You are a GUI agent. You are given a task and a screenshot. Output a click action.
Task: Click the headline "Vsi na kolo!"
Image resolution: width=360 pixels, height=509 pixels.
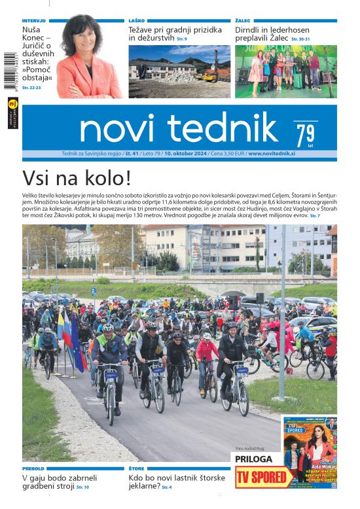pos(77,179)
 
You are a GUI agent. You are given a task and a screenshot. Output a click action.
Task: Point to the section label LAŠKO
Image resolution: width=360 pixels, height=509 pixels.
pos(136,21)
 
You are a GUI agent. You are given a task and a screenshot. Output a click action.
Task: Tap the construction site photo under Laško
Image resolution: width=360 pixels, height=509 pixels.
pos(179,71)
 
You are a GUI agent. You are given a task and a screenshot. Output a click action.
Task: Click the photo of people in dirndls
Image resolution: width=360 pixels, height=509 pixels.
pos(285,71)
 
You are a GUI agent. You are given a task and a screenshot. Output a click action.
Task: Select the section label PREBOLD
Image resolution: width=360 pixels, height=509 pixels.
pos(33,468)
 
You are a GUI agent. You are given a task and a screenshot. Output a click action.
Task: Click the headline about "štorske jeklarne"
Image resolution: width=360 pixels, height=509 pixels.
pos(176,482)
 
